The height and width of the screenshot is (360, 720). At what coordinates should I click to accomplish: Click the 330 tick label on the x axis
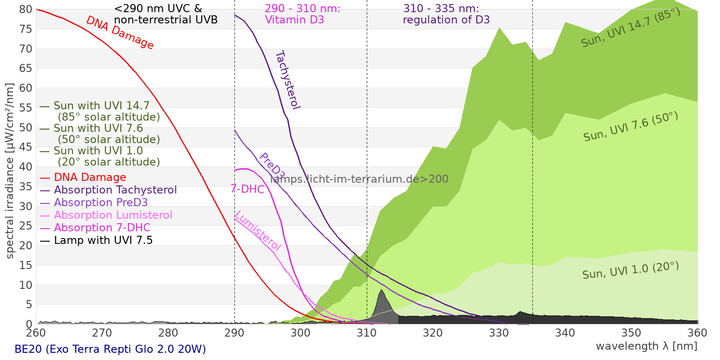click(x=499, y=333)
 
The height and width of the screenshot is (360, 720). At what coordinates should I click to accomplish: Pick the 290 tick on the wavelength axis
click(x=234, y=333)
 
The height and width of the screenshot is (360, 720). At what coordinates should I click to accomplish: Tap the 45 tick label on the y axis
click(x=26, y=147)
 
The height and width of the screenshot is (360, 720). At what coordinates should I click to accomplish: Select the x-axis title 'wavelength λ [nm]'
click(x=646, y=346)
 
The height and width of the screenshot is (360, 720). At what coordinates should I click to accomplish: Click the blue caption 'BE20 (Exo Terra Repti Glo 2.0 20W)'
click(x=110, y=349)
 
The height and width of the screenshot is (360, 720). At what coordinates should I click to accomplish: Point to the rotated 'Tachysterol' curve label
click(x=287, y=80)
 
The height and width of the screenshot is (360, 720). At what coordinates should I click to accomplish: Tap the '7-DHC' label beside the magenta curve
click(x=247, y=189)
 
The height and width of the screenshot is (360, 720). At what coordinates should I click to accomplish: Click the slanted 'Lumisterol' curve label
click(x=258, y=231)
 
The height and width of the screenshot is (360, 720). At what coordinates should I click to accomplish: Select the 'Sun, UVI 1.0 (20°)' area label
click(x=630, y=270)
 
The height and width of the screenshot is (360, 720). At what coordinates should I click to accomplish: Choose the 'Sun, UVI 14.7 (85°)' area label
click(x=630, y=28)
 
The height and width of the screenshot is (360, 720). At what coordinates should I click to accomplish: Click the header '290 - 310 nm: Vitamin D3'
click(x=302, y=14)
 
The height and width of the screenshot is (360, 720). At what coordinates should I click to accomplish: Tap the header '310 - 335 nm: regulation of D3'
click(x=446, y=14)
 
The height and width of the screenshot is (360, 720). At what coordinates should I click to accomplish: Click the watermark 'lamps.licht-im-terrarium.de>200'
click(x=359, y=179)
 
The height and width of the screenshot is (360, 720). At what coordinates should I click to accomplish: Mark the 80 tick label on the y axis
click(x=26, y=9)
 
